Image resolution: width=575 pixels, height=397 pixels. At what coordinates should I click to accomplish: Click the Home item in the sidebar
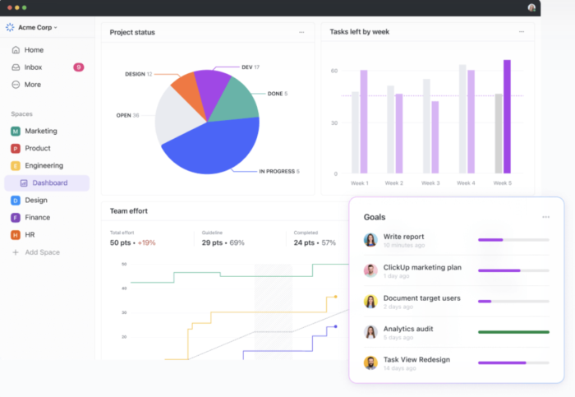click(34, 50)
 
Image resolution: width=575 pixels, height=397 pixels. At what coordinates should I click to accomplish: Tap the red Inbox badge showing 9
click(78, 67)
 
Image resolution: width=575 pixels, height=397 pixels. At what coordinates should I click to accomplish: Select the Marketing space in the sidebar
click(40, 131)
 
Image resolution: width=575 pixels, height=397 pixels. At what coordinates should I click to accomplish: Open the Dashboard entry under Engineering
click(49, 182)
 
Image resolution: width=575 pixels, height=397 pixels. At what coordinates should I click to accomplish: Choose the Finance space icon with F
click(16, 218)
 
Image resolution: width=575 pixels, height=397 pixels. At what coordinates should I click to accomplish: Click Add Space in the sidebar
click(42, 252)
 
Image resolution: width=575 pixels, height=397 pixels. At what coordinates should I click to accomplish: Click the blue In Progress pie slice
click(214, 148)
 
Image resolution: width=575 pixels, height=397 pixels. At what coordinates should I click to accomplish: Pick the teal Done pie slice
click(239, 99)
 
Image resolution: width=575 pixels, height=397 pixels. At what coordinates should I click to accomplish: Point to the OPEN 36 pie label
click(127, 115)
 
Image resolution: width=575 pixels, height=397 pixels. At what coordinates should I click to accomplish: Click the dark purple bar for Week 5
click(507, 116)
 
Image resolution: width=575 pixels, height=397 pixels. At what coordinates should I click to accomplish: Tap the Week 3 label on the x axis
click(430, 182)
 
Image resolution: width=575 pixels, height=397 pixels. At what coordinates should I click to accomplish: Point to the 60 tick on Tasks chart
click(334, 72)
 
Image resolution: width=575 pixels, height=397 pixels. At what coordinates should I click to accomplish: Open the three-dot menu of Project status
click(301, 32)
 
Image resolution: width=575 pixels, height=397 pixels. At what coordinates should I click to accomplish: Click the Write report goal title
click(403, 237)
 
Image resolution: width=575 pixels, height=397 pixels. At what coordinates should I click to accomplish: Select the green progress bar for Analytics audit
click(513, 332)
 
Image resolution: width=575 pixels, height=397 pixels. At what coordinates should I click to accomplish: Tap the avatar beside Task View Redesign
click(370, 362)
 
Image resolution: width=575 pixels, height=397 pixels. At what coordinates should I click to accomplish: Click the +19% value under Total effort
click(146, 242)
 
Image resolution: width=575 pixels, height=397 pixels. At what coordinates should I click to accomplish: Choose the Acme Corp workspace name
click(36, 27)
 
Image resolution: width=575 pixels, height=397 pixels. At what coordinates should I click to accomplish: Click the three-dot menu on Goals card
click(545, 217)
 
